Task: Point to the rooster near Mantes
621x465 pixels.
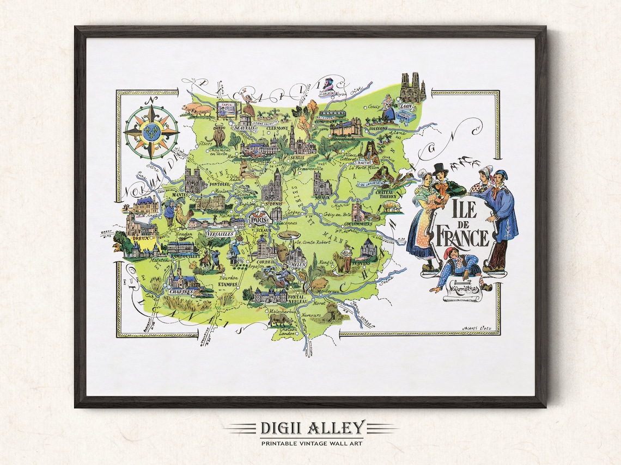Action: point(183,218)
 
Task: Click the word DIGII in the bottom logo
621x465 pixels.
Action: point(279,427)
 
